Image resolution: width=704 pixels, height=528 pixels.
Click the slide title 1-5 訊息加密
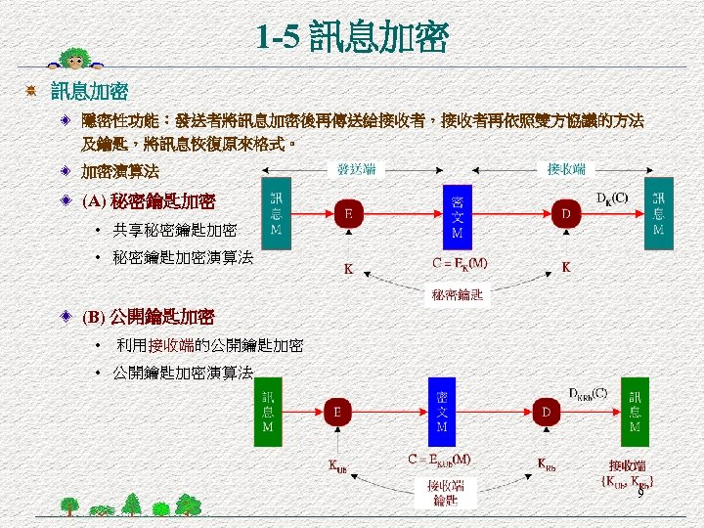point(352,38)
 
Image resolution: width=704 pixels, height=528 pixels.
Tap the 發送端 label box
point(356,169)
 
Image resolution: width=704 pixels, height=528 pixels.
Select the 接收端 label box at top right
point(566,169)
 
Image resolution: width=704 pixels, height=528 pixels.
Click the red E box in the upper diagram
point(349,213)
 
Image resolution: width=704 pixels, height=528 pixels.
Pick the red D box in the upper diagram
point(564,213)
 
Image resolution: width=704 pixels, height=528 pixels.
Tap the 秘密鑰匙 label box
point(458,294)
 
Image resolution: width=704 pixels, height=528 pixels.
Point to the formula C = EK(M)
point(460,263)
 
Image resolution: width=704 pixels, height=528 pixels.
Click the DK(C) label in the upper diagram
point(612,197)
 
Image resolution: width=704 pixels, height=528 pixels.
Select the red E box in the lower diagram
point(337,413)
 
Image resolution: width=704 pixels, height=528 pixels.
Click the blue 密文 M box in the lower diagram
point(442,413)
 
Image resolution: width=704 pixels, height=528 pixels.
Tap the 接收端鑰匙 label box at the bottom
point(445,492)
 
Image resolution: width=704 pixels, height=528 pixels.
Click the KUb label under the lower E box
point(336,466)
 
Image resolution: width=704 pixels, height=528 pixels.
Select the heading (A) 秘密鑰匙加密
point(149,202)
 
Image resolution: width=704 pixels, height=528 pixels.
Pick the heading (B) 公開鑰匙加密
point(148,317)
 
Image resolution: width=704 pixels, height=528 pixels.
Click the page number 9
point(640,495)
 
